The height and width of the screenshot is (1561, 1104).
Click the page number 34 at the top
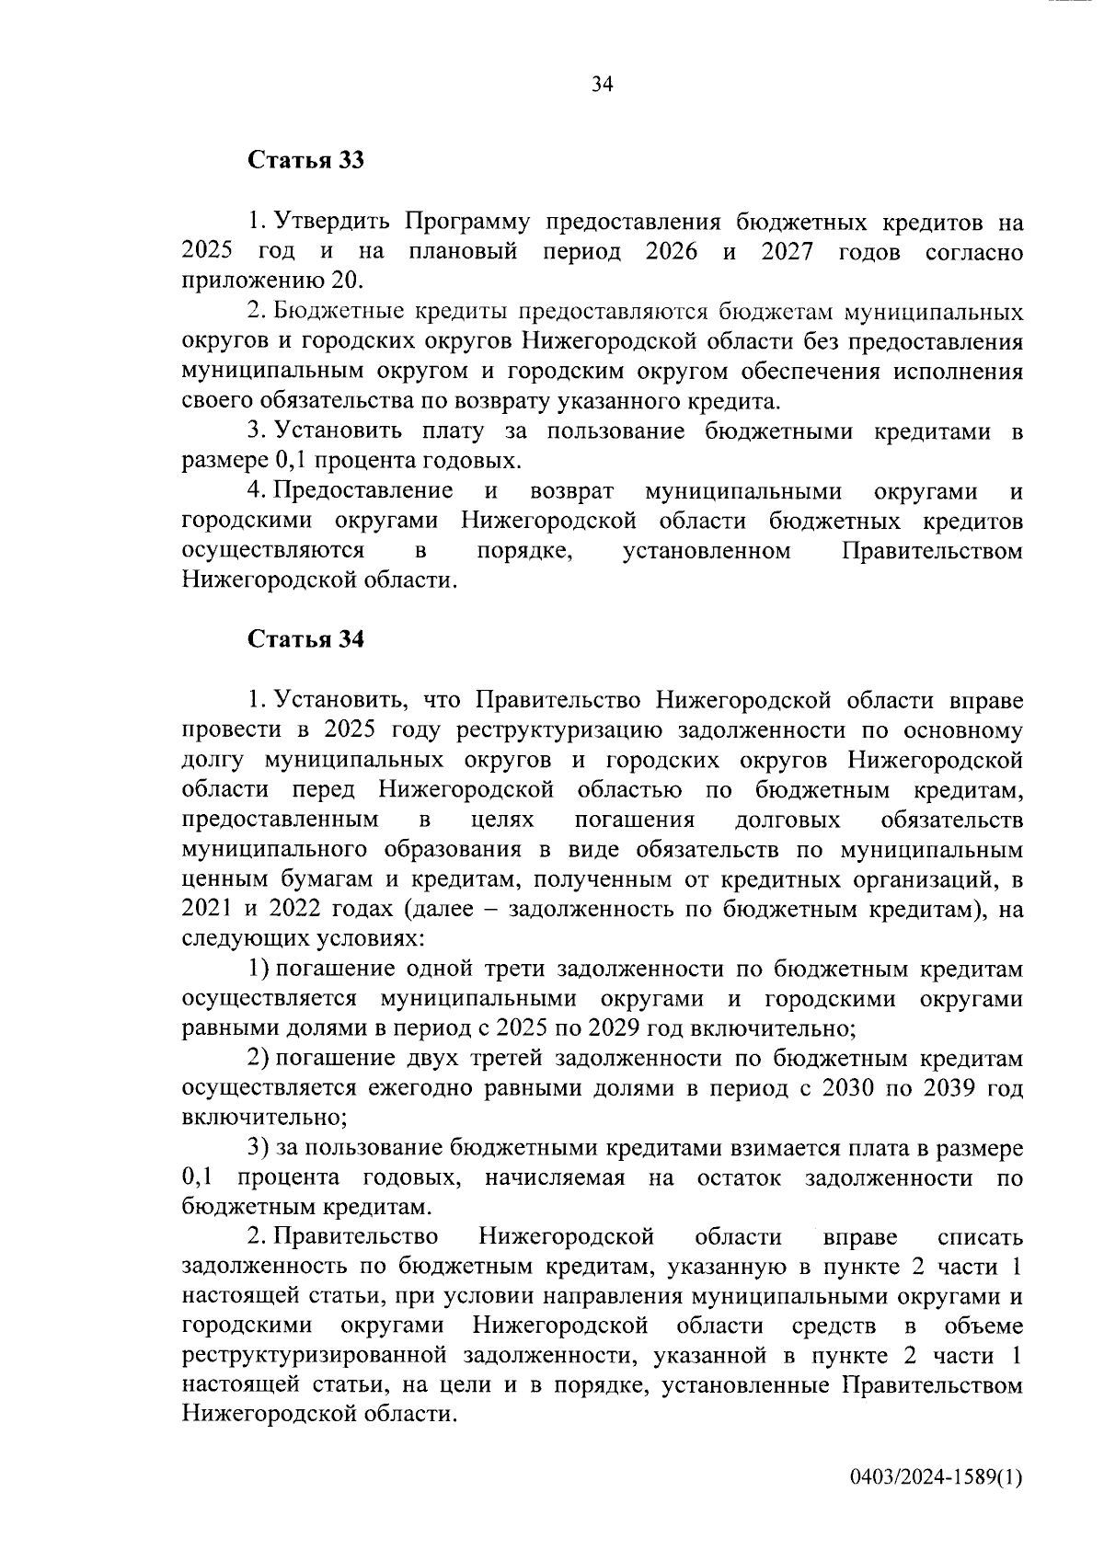coord(602,85)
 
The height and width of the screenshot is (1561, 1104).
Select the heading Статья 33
coord(305,161)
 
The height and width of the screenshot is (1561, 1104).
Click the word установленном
coord(707,551)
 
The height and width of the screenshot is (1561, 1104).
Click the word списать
coord(979,1237)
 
